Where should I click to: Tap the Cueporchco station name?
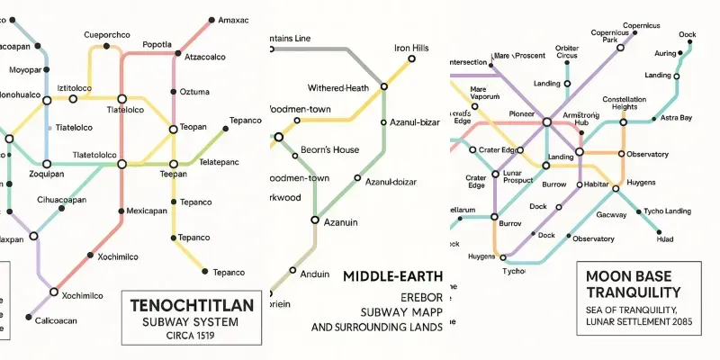(x=109, y=35)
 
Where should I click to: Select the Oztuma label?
(x=194, y=91)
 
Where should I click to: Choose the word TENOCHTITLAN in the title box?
(x=192, y=305)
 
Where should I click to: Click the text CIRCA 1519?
(x=192, y=337)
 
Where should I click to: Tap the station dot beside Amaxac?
(x=211, y=19)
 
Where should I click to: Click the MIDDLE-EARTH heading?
(x=393, y=277)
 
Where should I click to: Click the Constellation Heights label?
(x=624, y=103)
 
